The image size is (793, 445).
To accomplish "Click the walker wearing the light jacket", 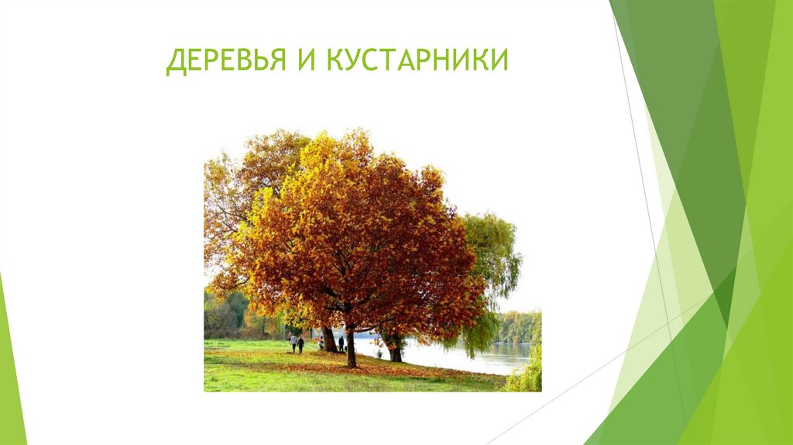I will [x=294, y=343].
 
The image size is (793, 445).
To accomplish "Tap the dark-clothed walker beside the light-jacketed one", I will [x=300, y=344].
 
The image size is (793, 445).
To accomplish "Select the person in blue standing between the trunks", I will [x=341, y=343].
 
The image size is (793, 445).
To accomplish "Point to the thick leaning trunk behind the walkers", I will [x=329, y=339].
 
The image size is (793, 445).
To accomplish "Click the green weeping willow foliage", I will [x=493, y=256].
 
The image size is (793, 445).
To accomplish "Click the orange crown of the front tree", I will [x=356, y=233].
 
